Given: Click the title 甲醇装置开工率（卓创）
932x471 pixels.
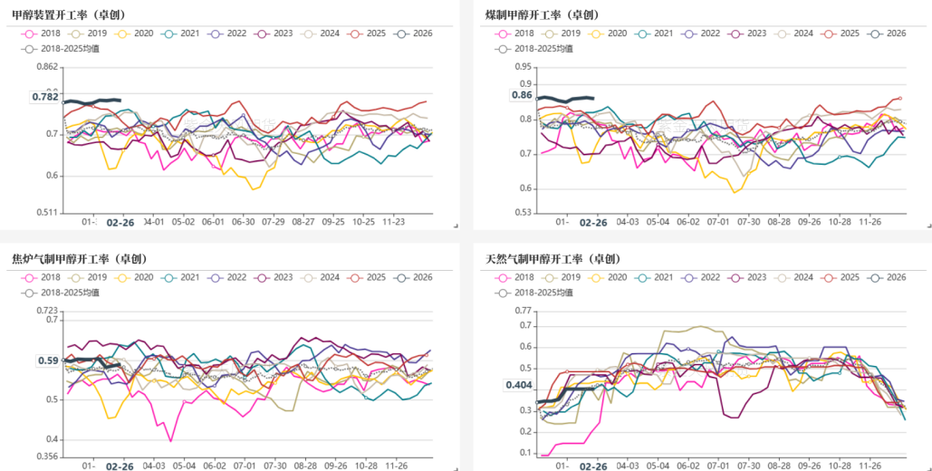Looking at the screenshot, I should tap(69, 15).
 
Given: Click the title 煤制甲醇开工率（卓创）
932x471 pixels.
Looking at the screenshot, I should tap(541, 15).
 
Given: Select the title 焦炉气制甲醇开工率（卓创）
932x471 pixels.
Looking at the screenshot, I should tap(80, 259).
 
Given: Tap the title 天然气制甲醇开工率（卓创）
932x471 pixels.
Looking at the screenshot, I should tap(552, 259).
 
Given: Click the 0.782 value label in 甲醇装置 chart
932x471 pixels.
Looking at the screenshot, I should tap(45, 97).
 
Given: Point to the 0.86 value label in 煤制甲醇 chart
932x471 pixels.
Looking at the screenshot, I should tap(522, 95).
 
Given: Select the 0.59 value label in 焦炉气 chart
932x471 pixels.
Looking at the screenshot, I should tap(48, 360).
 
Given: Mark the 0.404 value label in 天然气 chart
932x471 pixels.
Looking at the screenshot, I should tap(518, 385).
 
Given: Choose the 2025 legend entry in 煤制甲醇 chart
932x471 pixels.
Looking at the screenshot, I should tap(841, 34).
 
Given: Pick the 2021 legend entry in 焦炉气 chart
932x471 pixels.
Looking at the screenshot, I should tap(183, 277).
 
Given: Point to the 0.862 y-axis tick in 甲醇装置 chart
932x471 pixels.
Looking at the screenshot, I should tap(48, 68).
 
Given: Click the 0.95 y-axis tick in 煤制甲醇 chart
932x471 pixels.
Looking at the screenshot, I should tap(523, 68).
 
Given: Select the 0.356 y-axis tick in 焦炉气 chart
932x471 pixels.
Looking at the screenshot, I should tap(47, 457).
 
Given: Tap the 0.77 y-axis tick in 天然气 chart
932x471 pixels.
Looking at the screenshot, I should tap(523, 311).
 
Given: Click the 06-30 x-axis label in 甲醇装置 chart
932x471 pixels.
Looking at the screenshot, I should tap(244, 221).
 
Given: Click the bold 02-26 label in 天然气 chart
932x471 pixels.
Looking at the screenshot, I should tap(593, 466).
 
